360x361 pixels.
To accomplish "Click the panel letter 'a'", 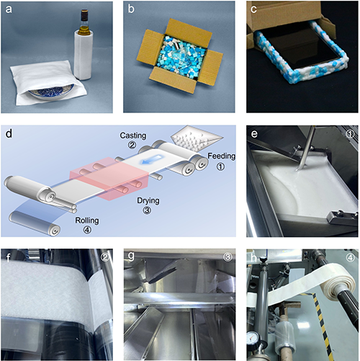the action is point(9,9).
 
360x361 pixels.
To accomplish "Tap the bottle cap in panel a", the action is point(84,14).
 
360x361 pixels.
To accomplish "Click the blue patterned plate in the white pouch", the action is point(51,91).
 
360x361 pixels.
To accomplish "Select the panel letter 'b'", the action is point(131,9).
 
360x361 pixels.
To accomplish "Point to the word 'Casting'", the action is point(133,135).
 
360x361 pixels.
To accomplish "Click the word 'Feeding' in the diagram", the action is point(221,156).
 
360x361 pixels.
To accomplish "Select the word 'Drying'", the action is point(148,200).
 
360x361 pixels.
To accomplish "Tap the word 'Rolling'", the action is point(87,220).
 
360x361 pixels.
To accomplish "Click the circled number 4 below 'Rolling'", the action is point(87,230).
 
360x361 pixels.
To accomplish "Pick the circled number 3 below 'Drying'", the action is point(147,210).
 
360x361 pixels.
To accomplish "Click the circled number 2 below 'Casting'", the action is point(132,145).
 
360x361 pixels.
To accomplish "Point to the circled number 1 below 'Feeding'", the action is point(220,166).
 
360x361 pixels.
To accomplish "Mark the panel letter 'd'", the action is point(9,133).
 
